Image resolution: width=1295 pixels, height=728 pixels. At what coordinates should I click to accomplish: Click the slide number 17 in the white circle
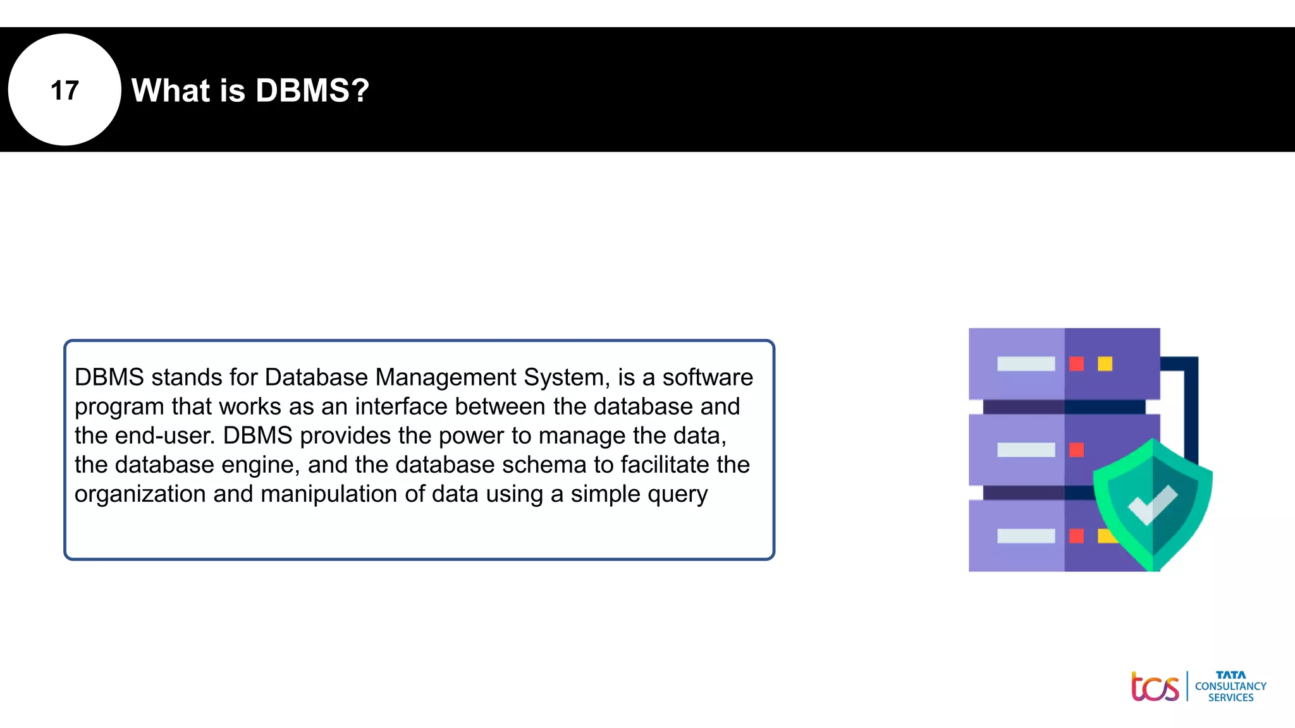pyautogui.click(x=64, y=90)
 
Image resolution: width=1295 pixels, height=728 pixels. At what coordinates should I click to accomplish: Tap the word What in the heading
pyautogui.click(x=170, y=90)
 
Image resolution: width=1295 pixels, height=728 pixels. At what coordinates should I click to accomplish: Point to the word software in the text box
pyautogui.click(x=708, y=377)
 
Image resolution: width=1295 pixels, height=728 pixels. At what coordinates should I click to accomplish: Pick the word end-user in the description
pyautogui.click(x=165, y=435)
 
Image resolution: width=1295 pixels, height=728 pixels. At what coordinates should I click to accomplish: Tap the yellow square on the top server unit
pyautogui.click(x=1105, y=363)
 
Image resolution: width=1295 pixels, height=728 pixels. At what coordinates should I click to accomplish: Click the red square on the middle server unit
pyautogui.click(x=1076, y=449)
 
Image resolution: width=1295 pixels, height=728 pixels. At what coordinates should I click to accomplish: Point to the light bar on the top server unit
pyautogui.click(x=1026, y=363)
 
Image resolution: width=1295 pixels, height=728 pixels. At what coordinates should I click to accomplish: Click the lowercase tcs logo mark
pyautogui.click(x=1155, y=687)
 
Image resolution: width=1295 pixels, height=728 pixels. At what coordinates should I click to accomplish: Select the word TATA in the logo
pyautogui.click(x=1231, y=675)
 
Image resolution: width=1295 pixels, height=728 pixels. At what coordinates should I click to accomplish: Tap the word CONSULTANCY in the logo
pyautogui.click(x=1231, y=686)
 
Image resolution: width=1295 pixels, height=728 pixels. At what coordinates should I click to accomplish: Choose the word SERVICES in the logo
pyautogui.click(x=1231, y=698)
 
